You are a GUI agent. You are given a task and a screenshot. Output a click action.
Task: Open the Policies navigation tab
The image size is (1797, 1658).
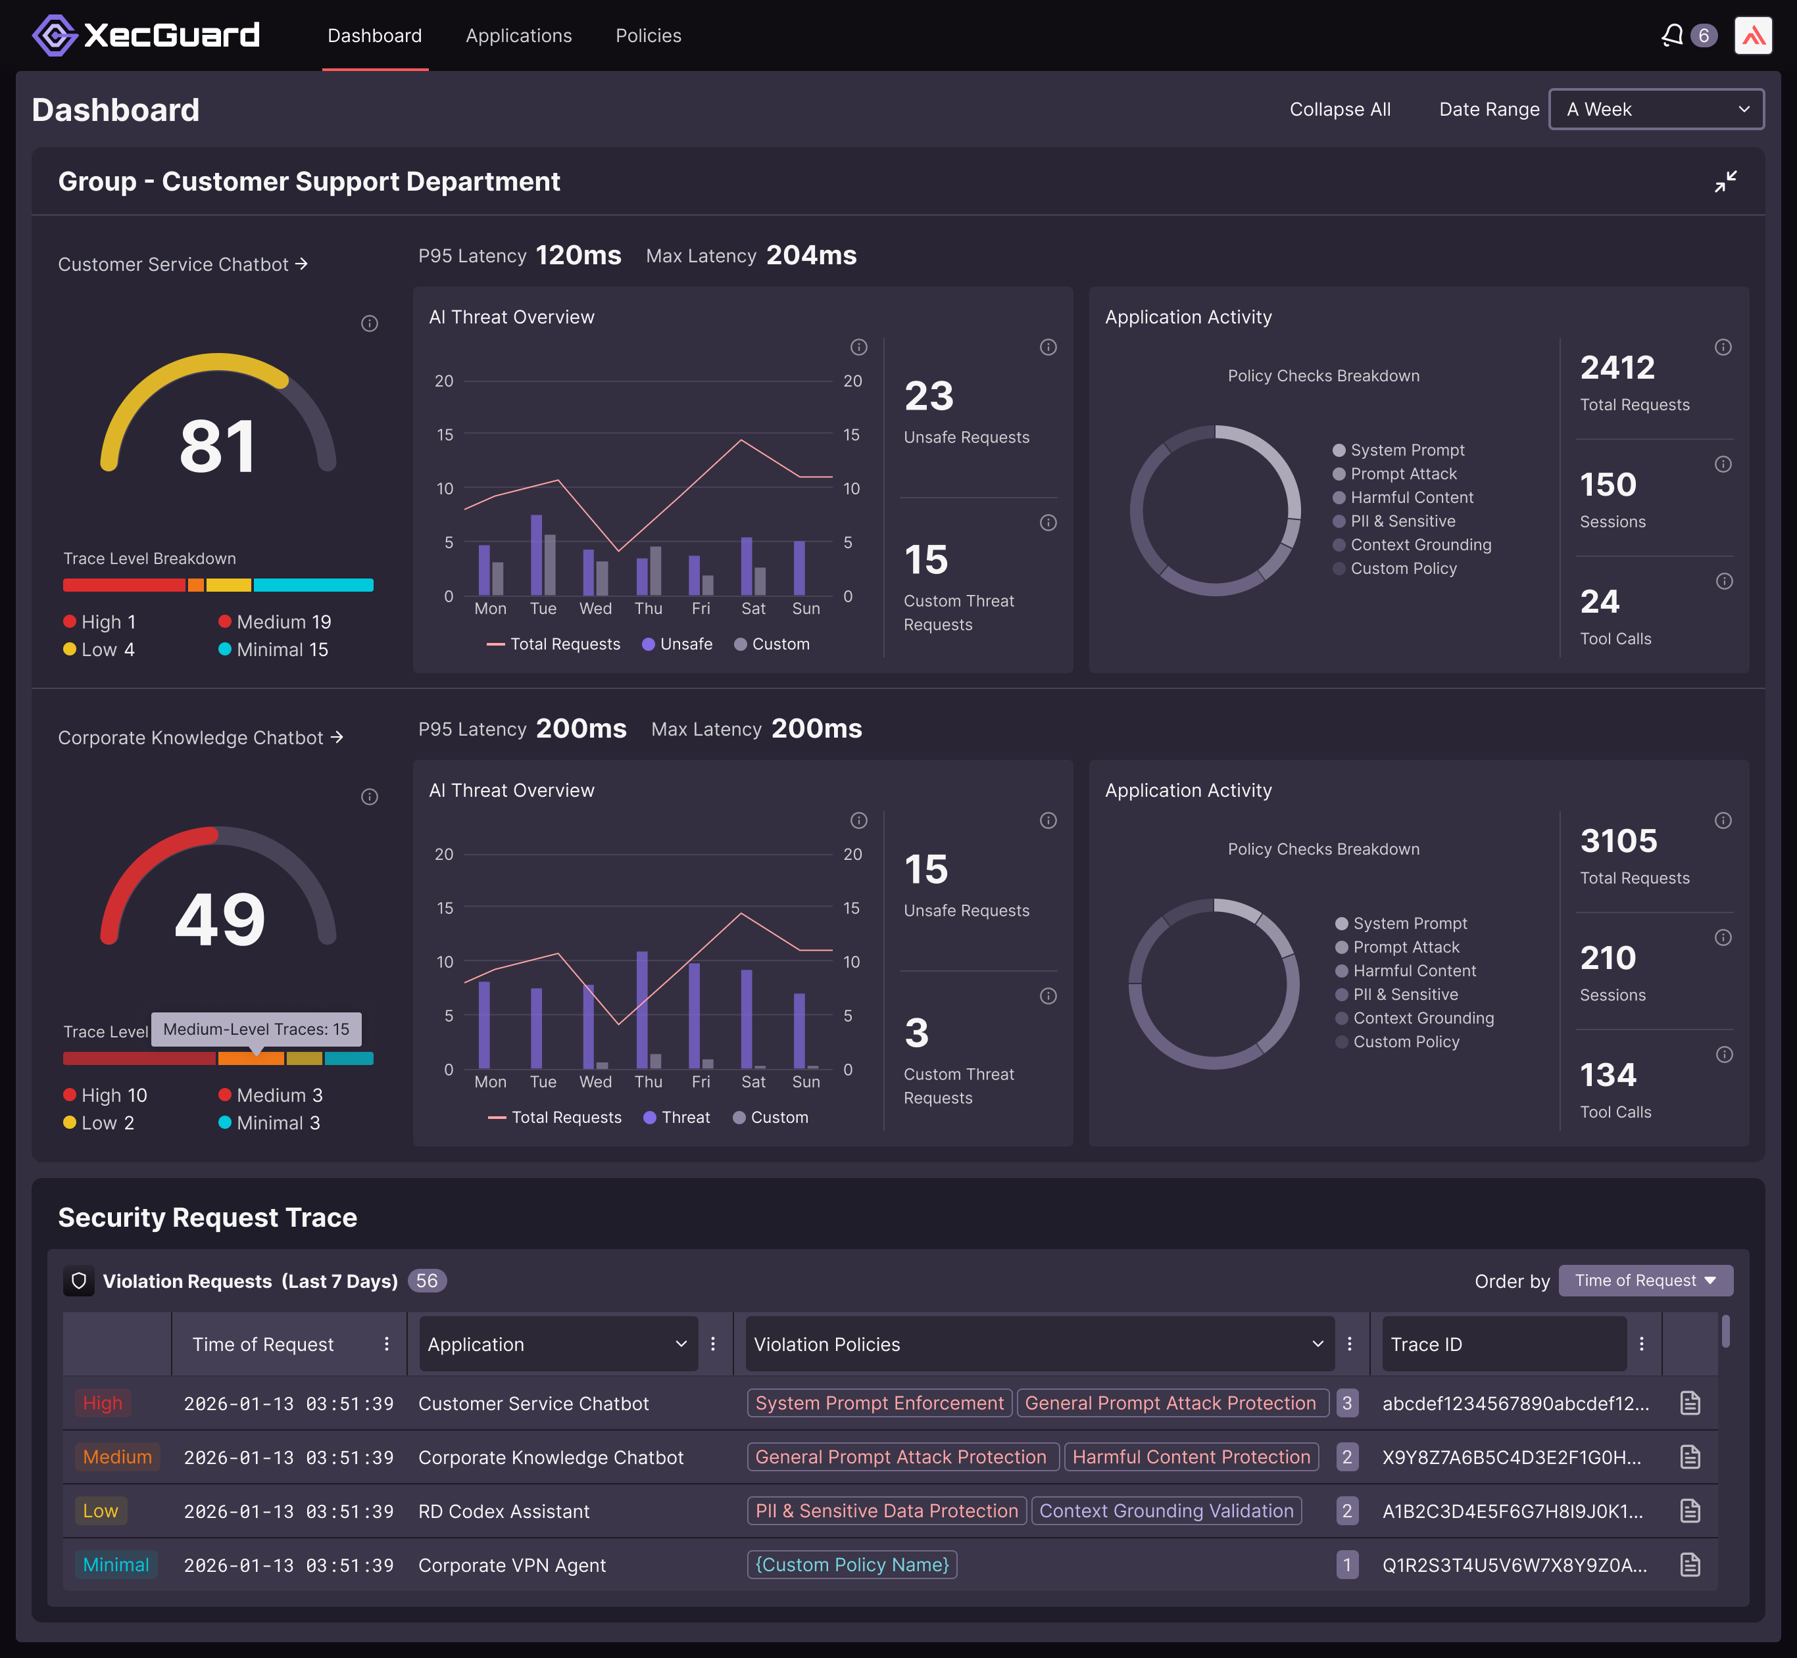point(648,36)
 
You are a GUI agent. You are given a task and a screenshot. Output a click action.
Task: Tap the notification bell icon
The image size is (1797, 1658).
point(1671,36)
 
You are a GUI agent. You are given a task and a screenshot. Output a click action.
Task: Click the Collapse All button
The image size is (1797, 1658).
point(1339,109)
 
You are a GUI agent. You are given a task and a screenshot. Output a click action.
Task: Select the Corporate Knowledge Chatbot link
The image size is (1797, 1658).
point(200,738)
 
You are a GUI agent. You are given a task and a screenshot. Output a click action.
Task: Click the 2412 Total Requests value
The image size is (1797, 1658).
point(1617,368)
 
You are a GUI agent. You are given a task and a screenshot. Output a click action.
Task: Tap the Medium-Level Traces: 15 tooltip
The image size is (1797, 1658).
point(256,1029)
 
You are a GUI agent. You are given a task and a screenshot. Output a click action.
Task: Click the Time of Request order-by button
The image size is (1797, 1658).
point(1644,1280)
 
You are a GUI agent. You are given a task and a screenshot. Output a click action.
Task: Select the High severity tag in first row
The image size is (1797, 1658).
point(103,1403)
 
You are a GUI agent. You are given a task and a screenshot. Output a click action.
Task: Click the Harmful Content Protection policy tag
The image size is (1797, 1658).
point(1191,1457)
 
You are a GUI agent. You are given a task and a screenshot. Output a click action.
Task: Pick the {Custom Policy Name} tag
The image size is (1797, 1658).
point(851,1565)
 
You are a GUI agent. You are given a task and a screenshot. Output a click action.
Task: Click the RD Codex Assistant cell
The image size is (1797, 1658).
point(504,1511)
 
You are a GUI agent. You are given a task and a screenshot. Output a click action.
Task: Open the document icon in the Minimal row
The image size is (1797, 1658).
point(1689,1565)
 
